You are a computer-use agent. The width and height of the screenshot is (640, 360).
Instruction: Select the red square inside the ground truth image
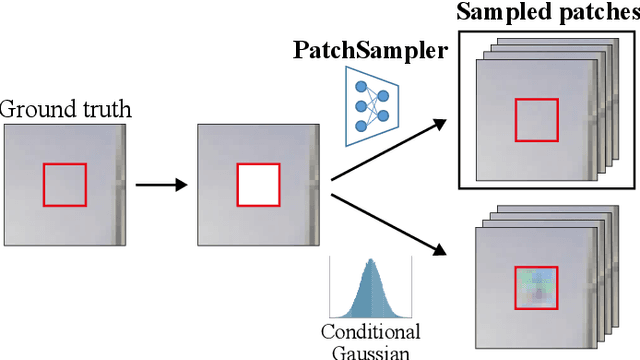click(64, 185)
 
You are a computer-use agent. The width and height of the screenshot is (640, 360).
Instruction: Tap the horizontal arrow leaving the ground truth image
click(161, 185)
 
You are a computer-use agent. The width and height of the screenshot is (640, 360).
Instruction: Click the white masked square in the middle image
click(258, 185)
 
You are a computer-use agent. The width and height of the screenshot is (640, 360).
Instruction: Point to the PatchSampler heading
click(370, 49)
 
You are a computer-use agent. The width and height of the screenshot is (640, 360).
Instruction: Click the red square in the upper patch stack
click(535, 119)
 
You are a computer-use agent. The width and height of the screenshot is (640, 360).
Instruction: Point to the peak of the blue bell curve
click(370, 262)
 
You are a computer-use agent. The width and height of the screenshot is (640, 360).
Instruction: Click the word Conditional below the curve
click(370, 332)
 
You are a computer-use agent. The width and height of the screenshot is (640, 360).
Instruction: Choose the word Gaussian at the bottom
click(370, 352)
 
